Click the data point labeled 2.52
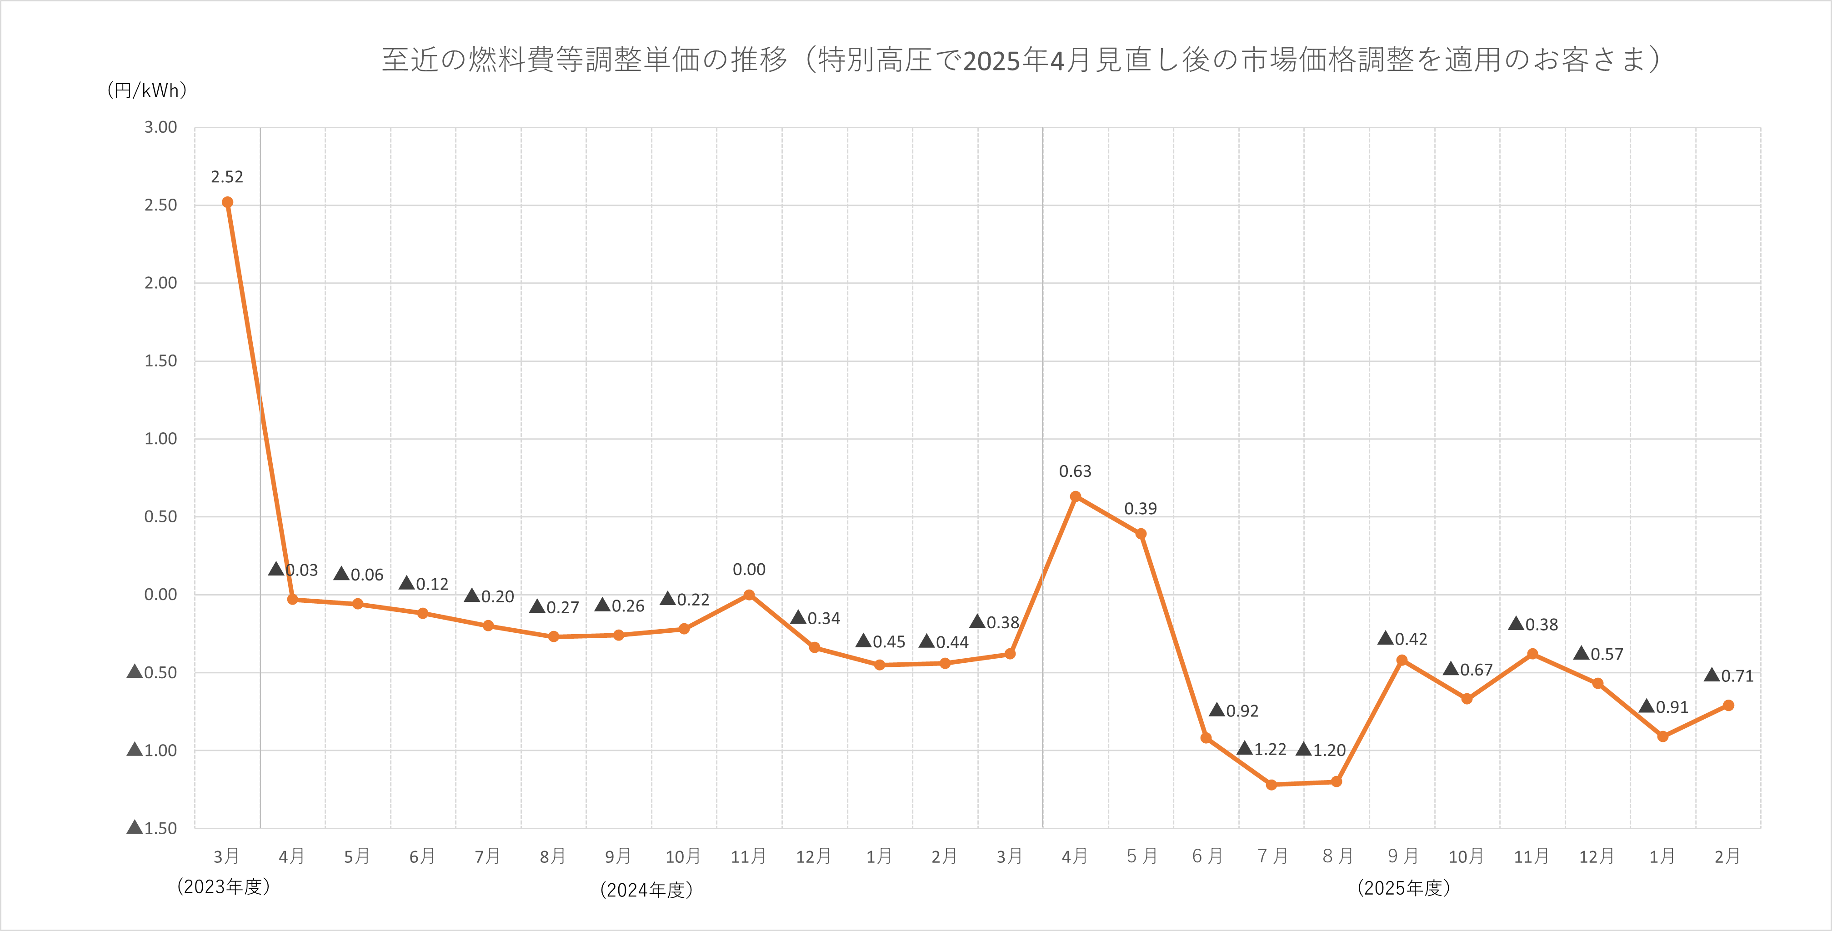pyautogui.click(x=228, y=203)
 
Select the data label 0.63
pyautogui.click(x=1075, y=471)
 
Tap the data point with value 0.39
pyautogui.click(x=1141, y=533)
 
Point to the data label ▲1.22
pyautogui.click(x=1261, y=749)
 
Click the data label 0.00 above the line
pyautogui.click(x=749, y=570)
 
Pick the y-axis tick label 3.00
pyautogui.click(x=161, y=127)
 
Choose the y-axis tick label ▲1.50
pyautogui.click(x=152, y=828)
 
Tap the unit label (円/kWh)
pyautogui.click(x=146, y=90)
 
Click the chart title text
pyautogui.click(x=1021, y=60)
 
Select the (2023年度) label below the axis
pyautogui.click(x=223, y=887)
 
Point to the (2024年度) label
pyautogui.click(x=646, y=890)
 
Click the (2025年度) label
pyautogui.click(x=1403, y=888)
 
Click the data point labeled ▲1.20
pyautogui.click(x=1336, y=781)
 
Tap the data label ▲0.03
pyautogui.click(x=293, y=570)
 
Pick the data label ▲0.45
pyautogui.click(x=881, y=641)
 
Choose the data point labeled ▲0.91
pyautogui.click(x=1663, y=736)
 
